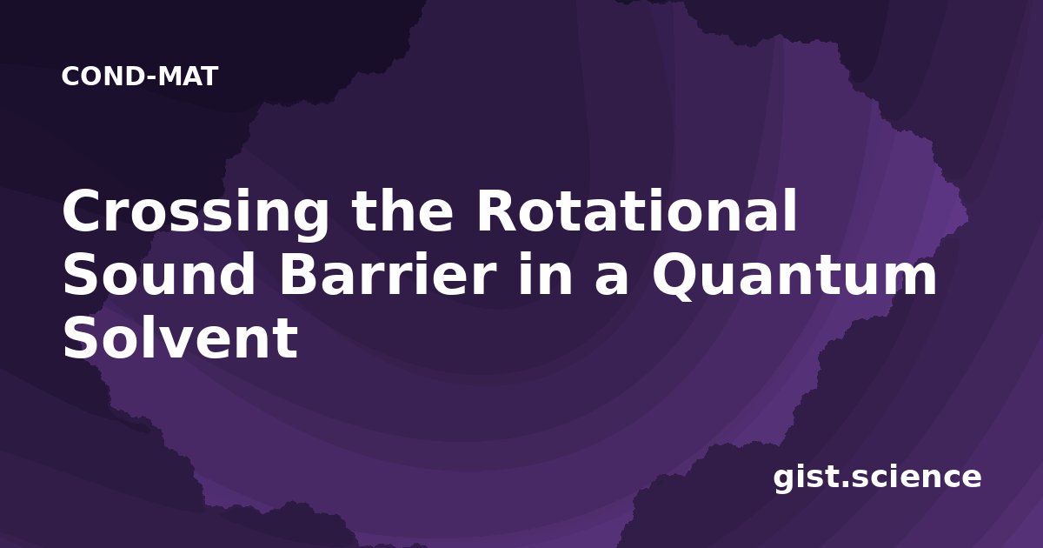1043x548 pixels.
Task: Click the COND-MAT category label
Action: tap(140, 77)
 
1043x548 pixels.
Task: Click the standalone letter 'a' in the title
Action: tap(611, 278)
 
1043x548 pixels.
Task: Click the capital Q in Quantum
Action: tap(676, 277)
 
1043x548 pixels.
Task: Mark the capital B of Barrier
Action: tap(301, 274)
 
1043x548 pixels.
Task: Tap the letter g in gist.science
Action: tap(784, 480)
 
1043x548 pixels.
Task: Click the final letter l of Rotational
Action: tap(792, 210)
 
